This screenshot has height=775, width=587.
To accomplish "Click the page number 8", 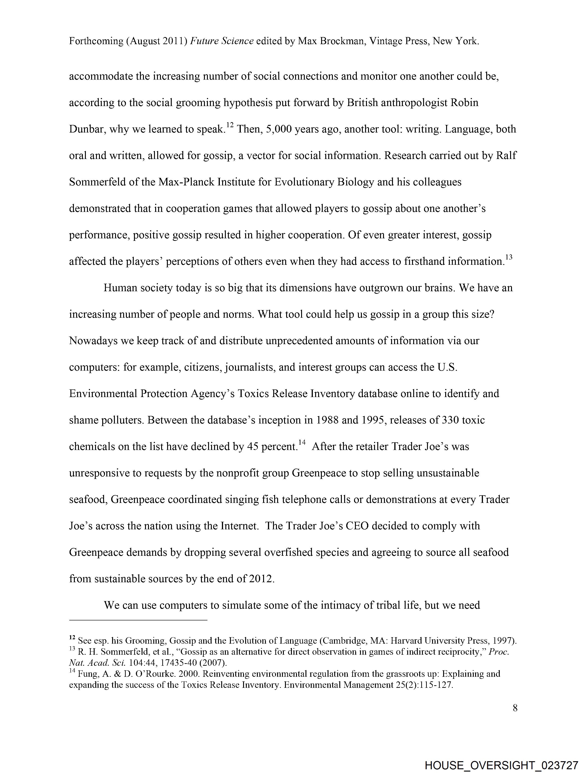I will click(515, 708).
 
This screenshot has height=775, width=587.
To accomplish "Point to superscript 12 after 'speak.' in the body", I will click(230, 125).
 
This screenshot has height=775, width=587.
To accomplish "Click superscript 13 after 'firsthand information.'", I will click(509, 257).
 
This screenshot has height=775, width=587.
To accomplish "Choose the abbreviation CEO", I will click(357, 526).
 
